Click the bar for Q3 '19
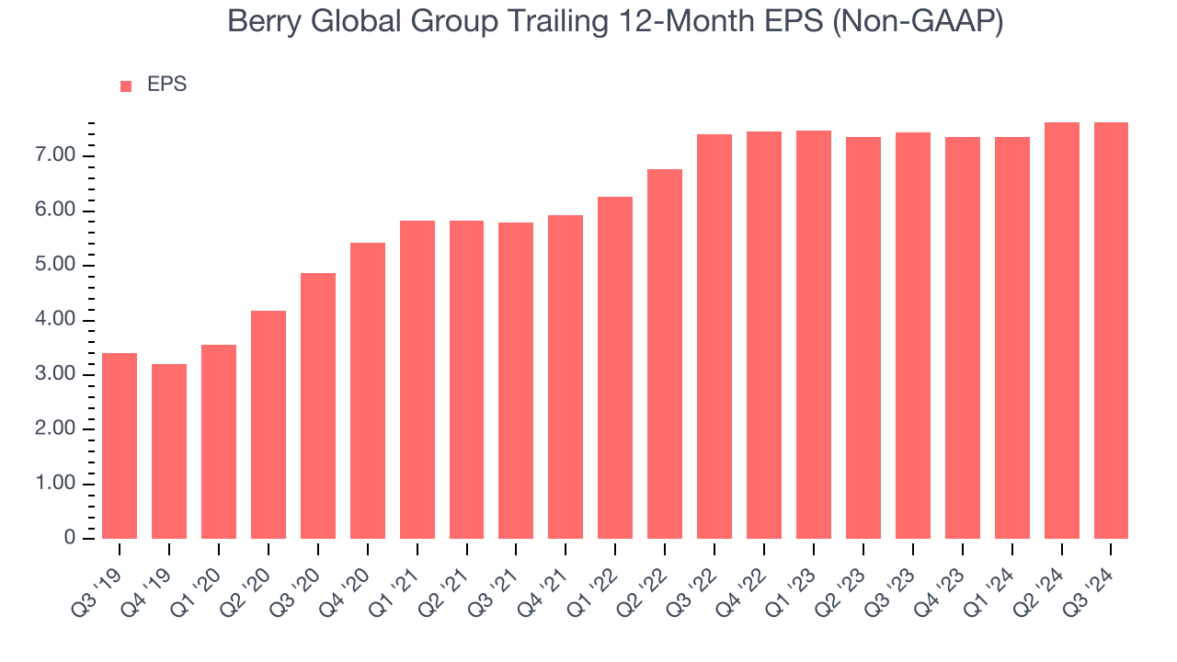[x=120, y=446]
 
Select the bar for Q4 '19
[x=169, y=451]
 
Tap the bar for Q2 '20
[x=269, y=425]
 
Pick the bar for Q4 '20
[x=368, y=391]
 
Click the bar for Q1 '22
[x=615, y=368]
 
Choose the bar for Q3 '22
[x=714, y=337]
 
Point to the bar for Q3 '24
[x=1111, y=331]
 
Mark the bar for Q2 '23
[x=863, y=338]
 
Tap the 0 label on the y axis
[x=70, y=539]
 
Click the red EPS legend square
[x=126, y=86]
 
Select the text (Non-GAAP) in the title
[x=918, y=23]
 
